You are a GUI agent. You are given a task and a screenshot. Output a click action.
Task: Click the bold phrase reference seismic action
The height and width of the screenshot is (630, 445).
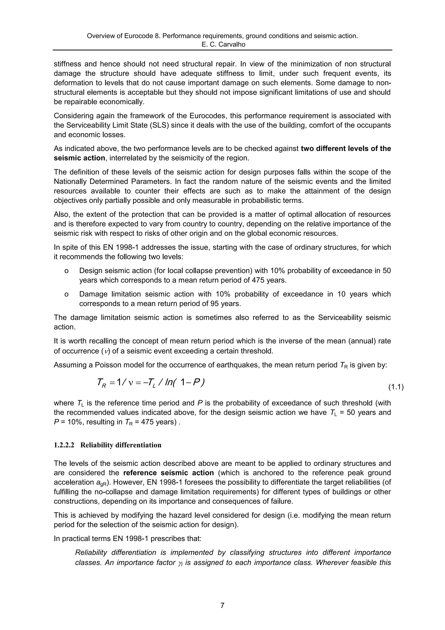(x=168, y=473)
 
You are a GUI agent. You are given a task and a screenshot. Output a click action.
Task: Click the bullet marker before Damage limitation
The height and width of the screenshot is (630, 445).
(x=66, y=294)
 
